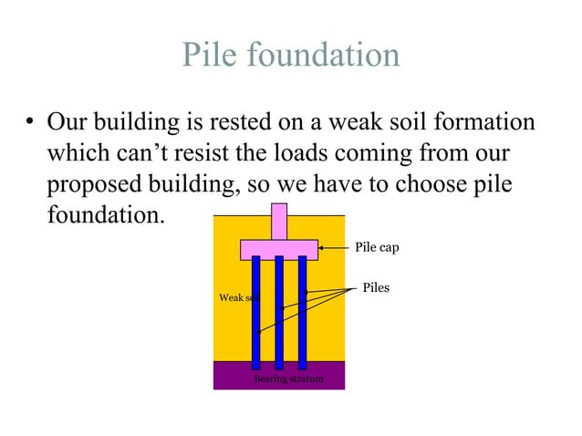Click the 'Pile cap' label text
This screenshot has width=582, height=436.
(x=376, y=247)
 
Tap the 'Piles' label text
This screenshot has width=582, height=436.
(x=376, y=288)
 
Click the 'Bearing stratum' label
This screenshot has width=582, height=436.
(x=288, y=379)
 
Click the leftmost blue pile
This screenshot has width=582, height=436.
(x=256, y=310)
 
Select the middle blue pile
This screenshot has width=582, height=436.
(x=279, y=310)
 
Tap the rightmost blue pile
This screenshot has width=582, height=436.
(x=302, y=310)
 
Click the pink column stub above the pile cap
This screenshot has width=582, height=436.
(x=279, y=221)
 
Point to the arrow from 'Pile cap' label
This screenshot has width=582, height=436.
(x=334, y=246)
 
